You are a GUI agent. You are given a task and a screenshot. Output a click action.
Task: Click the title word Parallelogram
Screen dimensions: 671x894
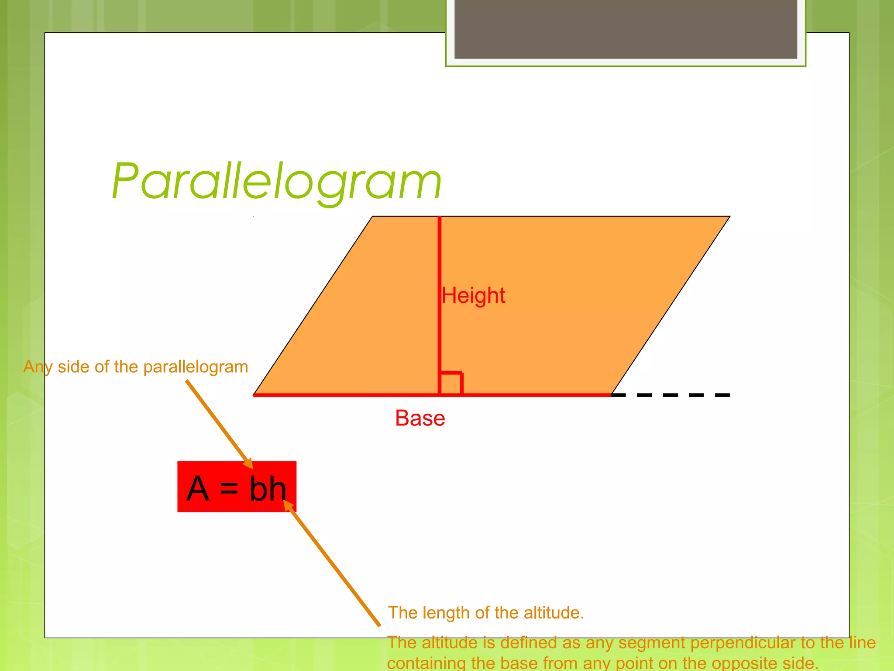pyautogui.click(x=277, y=181)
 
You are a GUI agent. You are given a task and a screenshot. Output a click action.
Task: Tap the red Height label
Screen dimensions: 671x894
pyautogui.click(x=474, y=295)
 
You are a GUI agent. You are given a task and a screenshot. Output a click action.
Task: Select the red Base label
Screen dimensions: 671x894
pyautogui.click(x=420, y=418)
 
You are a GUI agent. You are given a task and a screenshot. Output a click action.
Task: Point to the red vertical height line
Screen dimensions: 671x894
pyautogui.click(x=440, y=262)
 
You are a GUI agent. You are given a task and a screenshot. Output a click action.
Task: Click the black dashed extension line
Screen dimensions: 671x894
pyautogui.click(x=670, y=395)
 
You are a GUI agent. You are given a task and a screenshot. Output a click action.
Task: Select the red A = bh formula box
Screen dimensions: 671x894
pyautogui.click(x=237, y=486)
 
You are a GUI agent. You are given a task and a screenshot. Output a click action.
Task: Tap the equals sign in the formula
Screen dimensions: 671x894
pyautogui.click(x=229, y=489)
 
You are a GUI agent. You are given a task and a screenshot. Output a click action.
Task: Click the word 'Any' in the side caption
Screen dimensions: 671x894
pyautogui.click(x=38, y=367)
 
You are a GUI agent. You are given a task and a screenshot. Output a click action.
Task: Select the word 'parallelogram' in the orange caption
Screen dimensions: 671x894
pyautogui.click(x=196, y=367)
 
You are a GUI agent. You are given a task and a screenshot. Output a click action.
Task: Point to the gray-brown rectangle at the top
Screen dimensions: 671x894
pyautogui.click(x=626, y=29)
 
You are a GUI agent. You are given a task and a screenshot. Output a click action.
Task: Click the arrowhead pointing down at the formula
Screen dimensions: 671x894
pyautogui.click(x=248, y=464)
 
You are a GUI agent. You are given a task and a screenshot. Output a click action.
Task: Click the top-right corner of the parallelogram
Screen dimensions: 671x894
pyautogui.click(x=729, y=217)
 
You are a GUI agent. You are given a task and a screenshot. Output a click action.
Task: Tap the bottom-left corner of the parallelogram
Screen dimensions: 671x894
pyautogui.click(x=254, y=394)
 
